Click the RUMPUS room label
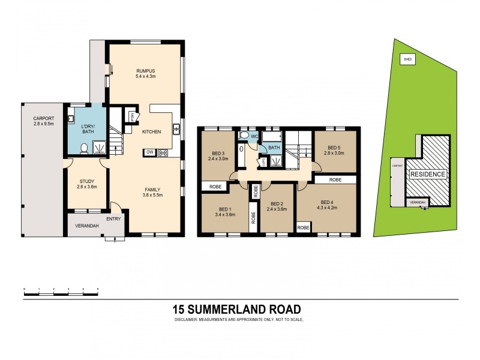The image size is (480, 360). coord(146,70)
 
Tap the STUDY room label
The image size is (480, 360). coord(87,181)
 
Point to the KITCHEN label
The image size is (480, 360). coord(151,131)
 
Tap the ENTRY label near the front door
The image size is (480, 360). coord(113,218)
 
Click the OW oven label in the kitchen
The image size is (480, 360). coord(148,152)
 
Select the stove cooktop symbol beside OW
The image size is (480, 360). coord(162,153)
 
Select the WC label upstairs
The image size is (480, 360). coord(254,137)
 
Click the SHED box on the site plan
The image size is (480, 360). coord(408,60)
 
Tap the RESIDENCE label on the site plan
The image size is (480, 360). coord(428,174)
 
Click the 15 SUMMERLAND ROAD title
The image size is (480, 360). coord(236,309)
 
